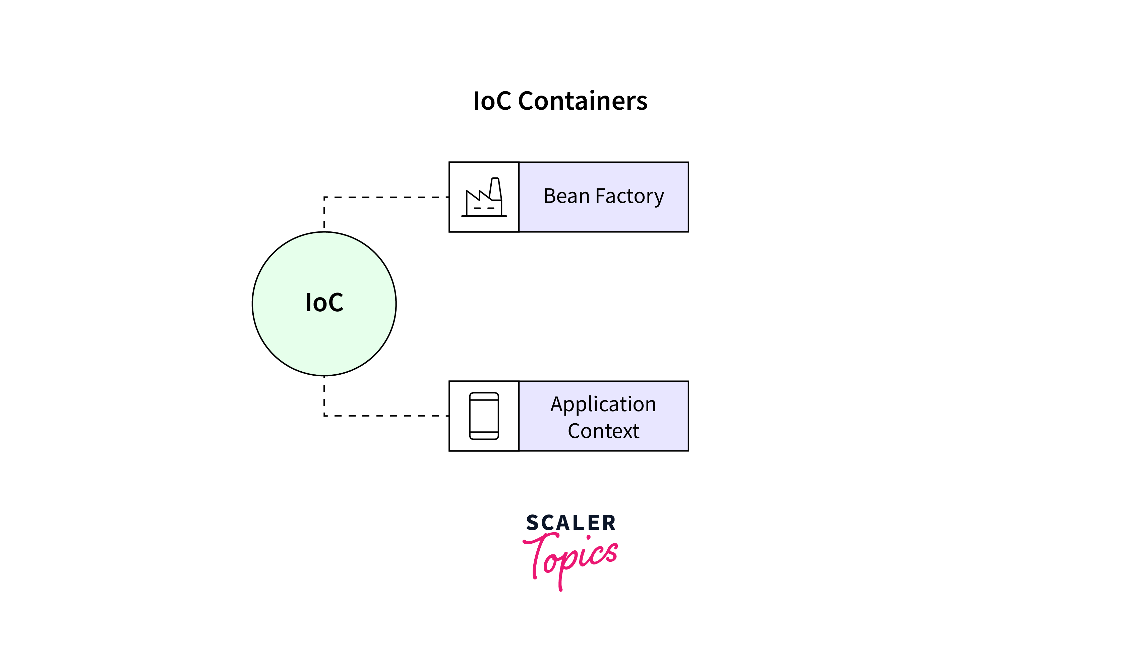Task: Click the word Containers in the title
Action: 583,101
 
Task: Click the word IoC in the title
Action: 492,101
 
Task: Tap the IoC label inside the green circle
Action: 324,303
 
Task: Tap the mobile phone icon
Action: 484,416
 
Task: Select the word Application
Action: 603,404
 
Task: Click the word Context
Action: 603,431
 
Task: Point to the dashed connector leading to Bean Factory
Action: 385,197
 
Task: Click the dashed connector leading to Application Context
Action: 385,416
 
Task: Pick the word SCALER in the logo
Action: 571,523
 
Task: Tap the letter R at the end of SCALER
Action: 609,523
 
